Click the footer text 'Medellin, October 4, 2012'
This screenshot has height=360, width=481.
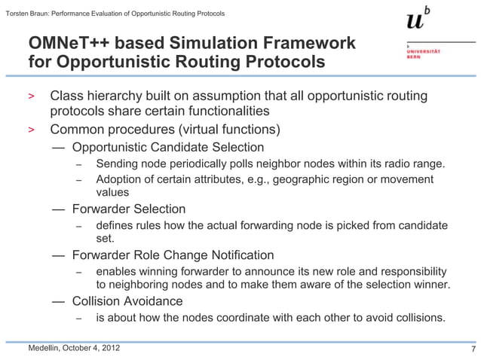coord(73,348)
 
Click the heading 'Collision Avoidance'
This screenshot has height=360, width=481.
coord(127,301)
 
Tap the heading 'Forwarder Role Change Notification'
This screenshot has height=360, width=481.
coord(173,255)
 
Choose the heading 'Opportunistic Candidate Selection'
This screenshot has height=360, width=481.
coord(167,147)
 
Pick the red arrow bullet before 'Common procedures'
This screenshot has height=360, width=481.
coord(32,129)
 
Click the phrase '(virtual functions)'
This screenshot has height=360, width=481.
coord(227,129)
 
